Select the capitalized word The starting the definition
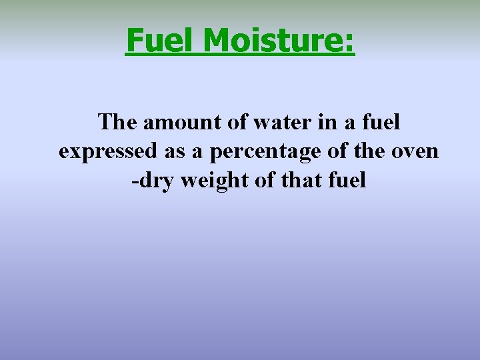point(117,122)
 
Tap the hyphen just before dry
point(135,181)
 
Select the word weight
point(212,181)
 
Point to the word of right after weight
point(263,180)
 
